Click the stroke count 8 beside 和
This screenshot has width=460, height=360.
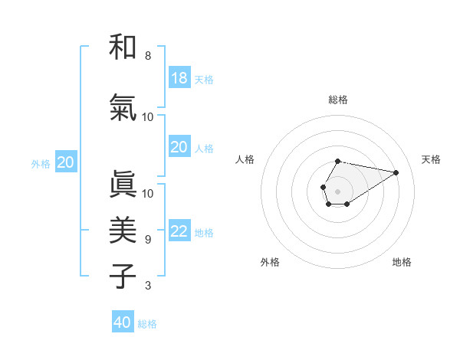click(147, 56)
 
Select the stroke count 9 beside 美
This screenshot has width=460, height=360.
click(147, 240)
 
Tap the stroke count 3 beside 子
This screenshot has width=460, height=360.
click(147, 286)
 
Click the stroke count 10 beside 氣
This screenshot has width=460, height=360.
click(148, 117)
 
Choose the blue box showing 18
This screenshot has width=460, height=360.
click(179, 78)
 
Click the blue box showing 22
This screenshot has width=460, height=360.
click(179, 231)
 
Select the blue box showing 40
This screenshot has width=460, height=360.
click(123, 322)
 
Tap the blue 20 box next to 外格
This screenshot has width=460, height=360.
click(66, 162)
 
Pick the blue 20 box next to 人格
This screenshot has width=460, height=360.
click(179, 147)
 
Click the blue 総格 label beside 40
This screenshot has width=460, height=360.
click(147, 324)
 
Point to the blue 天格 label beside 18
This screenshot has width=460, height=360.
click(204, 80)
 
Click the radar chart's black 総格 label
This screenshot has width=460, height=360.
click(338, 100)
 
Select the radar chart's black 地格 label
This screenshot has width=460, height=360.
click(402, 262)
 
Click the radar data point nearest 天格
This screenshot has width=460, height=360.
click(396, 172)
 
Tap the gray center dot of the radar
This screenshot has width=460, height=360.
click(337, 190)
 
